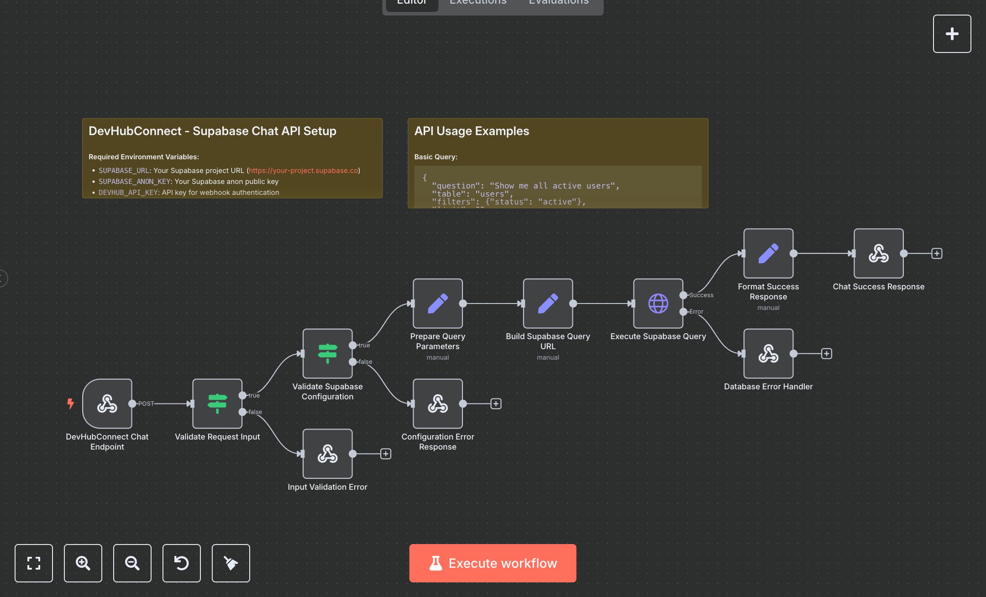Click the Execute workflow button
tap(493, 563)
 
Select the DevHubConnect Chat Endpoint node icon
tap(107, 403)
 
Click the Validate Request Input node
tap(217, 403)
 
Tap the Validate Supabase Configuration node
tap(327, 353)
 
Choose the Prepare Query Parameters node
tap(437, 304)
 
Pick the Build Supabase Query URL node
tap(548, 304)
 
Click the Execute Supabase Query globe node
tap(658, 304)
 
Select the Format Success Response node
tap(768, 253)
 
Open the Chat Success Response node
tap(878, 253)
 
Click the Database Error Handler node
tap(768, 353)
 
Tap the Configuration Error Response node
tap(437, 403)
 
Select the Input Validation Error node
tap(327, 454)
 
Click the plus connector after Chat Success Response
tap(937, 253)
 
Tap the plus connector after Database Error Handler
tap(826, 354)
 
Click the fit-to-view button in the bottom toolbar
tap(34, 563)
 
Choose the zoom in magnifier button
tap(83, 563)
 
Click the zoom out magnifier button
tap(132, 563)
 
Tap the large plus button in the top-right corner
tap(952, 34)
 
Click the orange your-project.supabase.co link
tap(303, 170)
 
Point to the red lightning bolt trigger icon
tap(70, 403)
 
